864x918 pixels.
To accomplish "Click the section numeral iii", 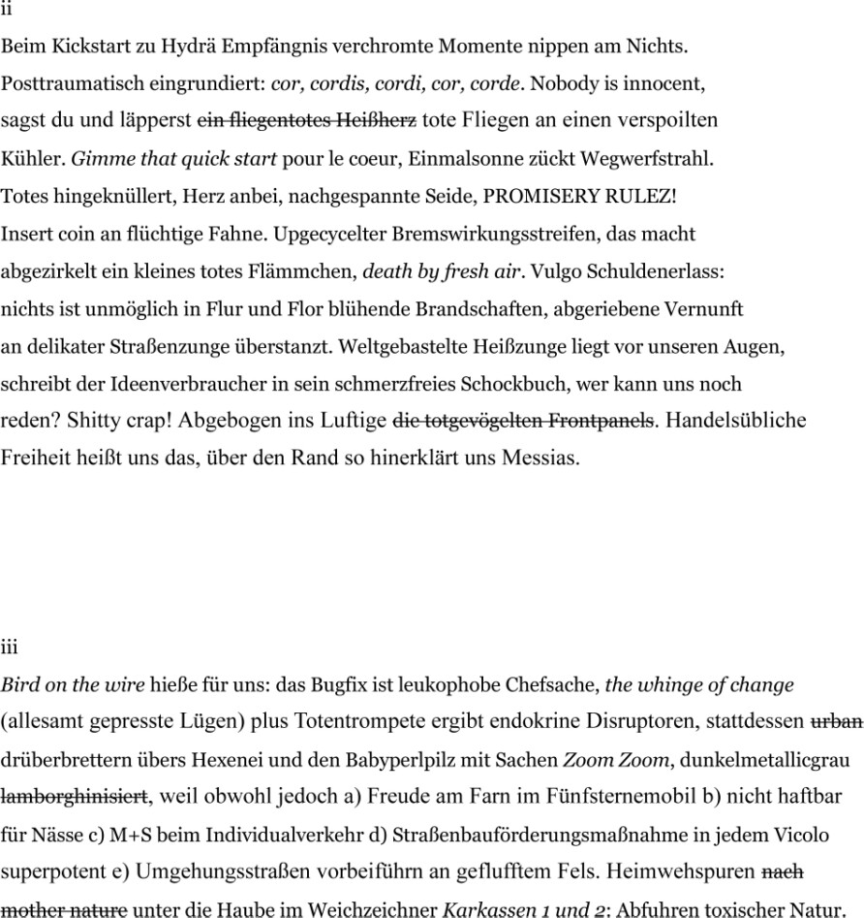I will coord(10,647).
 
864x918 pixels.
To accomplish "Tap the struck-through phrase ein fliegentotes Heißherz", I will coord(307,120).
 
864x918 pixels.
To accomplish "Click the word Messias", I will coord(540,458).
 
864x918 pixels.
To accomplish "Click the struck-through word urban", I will coord(836,722).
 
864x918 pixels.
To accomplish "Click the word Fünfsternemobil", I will coord(575,797).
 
